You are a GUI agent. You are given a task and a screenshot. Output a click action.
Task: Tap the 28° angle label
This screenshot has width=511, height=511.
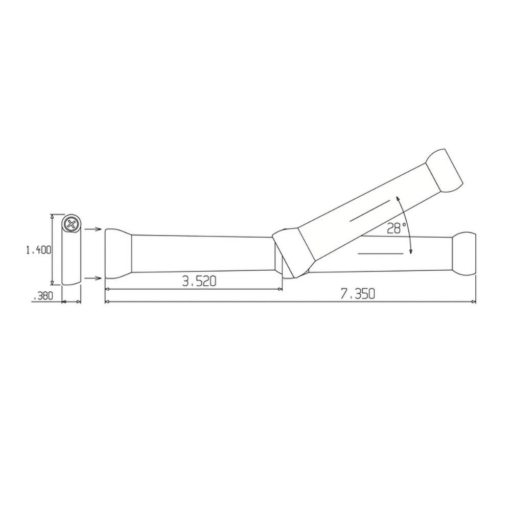(396, 228)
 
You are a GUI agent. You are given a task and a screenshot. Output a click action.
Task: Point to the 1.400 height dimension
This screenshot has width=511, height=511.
(39, 250)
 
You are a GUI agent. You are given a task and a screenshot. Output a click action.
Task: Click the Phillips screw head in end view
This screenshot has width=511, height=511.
(72, 223)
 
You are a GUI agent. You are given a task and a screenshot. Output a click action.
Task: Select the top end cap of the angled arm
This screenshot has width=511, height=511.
(445, 171)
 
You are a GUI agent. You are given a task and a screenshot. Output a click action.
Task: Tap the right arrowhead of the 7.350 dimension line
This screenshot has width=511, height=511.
(474, 301)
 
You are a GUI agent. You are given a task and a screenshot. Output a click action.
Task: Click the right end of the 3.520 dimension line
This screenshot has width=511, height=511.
(282, 289)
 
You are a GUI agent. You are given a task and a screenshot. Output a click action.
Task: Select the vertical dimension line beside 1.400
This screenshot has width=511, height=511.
(52, 249)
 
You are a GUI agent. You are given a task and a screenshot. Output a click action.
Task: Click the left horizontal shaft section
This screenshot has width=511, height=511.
(202, 253)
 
